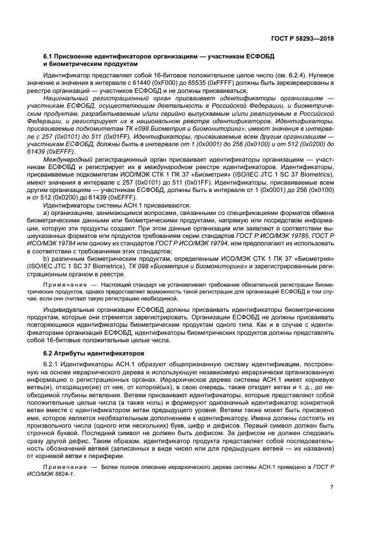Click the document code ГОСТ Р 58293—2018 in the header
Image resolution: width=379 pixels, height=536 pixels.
point(303,39)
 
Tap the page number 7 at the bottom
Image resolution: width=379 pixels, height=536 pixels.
point(331,487)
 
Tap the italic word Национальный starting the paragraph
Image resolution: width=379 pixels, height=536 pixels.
point(66,99)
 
